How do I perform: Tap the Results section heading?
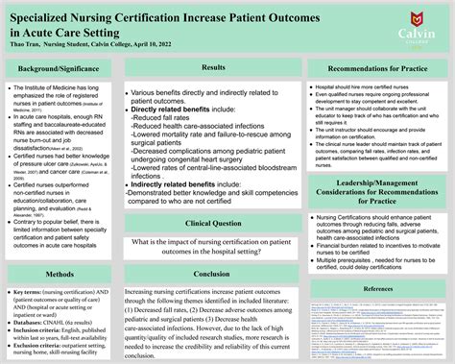(214, 67)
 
